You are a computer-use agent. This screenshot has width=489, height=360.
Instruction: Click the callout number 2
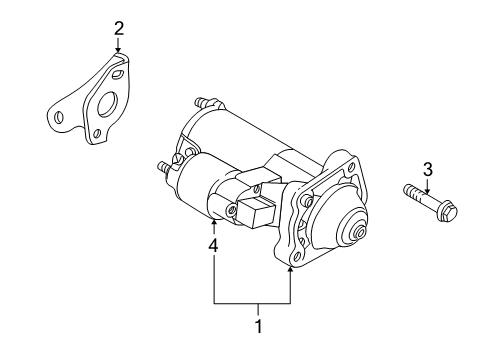118,28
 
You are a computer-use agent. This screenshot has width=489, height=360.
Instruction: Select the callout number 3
427,167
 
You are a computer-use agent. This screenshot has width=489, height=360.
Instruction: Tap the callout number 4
213,243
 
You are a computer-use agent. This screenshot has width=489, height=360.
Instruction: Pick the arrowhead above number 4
213,222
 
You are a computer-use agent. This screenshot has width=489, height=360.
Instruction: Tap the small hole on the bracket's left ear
57,118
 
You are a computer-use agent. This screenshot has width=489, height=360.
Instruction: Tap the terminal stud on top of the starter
204,102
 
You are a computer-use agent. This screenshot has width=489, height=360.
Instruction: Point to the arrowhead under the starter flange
291,268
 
